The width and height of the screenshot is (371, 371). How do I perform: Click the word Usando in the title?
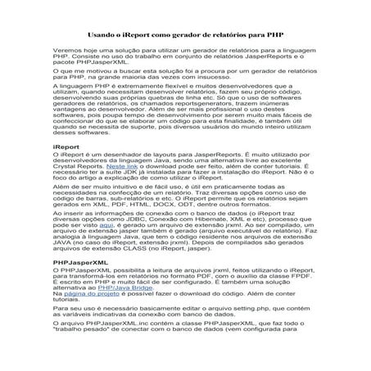pos(102,37)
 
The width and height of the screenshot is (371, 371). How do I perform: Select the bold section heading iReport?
pos(64,145)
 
